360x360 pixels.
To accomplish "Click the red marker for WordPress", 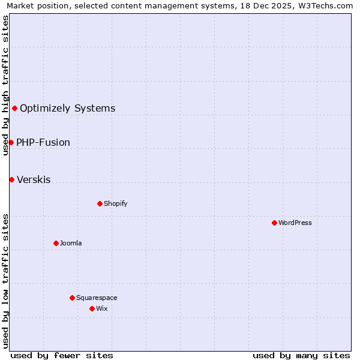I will point(274,223).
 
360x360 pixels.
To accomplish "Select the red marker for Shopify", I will point(100,203).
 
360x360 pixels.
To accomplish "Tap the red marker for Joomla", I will point(56,243).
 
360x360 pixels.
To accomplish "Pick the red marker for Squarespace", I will point(72,298).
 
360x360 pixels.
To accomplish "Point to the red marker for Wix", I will point(92,308).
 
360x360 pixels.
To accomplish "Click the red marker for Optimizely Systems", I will point(14,108).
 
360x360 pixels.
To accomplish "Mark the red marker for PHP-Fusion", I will point(11,142).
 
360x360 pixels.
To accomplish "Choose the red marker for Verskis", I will point(11,179).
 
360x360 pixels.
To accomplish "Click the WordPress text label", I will point(295,223).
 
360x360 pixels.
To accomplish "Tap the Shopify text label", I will point(116,203).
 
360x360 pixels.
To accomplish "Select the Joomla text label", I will point(71,243).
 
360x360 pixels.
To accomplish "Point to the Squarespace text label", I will point(97,298).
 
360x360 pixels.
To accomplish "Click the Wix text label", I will point(102,308).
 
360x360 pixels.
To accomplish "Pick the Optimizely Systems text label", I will point(68,109).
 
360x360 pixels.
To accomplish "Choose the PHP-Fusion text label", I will point(43,143).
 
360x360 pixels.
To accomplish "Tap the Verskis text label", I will point(34,180).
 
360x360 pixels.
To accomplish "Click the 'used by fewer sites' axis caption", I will point(62,355).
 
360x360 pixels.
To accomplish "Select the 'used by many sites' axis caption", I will point(301,355).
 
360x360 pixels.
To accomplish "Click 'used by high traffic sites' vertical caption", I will point(6,85).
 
